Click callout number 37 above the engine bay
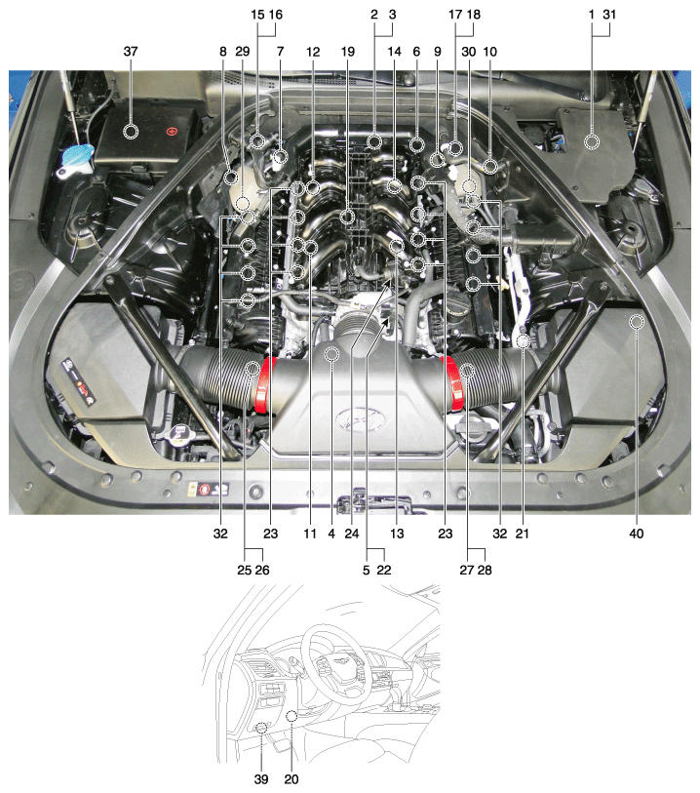point(131,52)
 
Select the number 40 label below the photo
point(637,534)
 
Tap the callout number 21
point(523,534)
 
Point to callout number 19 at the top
point(348,52)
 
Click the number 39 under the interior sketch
point(261,779)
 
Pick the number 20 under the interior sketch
point(292,779)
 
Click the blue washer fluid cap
point(77,157)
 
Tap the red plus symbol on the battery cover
point(173,132)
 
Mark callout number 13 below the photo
point(397,534)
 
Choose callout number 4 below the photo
point(331,534)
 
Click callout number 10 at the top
point(489,52)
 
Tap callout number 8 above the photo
point(223,52)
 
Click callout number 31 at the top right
point(609,15)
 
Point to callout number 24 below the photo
point(352,534)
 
